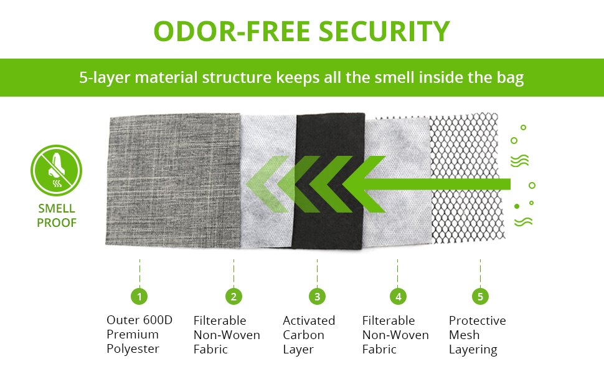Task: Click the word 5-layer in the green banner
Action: (x=101, y=78)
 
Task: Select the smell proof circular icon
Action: (x=56, y=170)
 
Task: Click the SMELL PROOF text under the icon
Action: (x=56, y=216)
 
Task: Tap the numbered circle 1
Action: (x=139, y=296)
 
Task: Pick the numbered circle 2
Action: (x=234, y=296)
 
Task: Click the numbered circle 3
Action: (x=317, y=296)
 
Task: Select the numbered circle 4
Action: (x=398, y=296)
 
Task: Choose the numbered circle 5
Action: (x=480, y=296)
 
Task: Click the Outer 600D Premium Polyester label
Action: (x=139, y=335)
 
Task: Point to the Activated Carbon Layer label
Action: (x=309, y=335)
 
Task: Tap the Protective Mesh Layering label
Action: (x=478, y=335)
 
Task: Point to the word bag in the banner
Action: (x=511, y=78)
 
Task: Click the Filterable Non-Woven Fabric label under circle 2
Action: (x=227, y=335)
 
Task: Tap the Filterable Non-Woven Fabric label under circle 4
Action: (x=395, y=335)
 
